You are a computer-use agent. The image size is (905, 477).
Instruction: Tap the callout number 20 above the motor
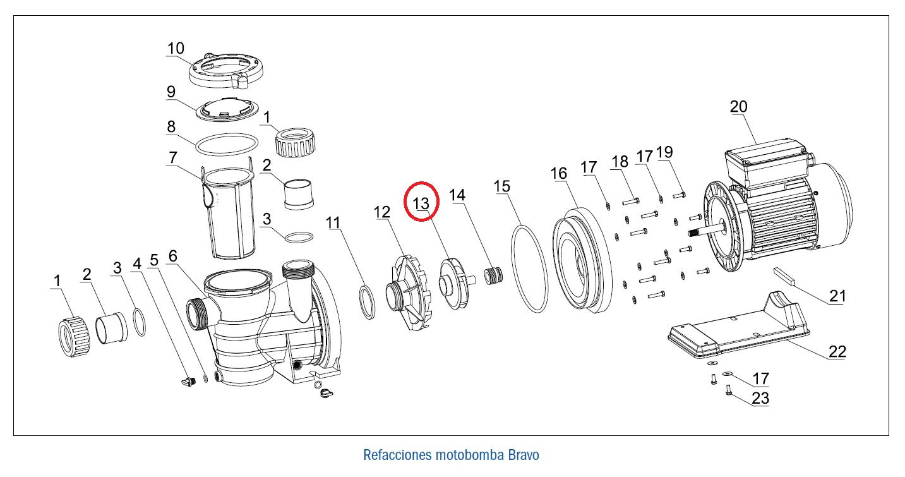(738, 107)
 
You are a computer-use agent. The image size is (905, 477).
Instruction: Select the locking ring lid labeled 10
(225, 71)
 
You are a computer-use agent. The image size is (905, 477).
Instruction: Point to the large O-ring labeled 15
(529, 268)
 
